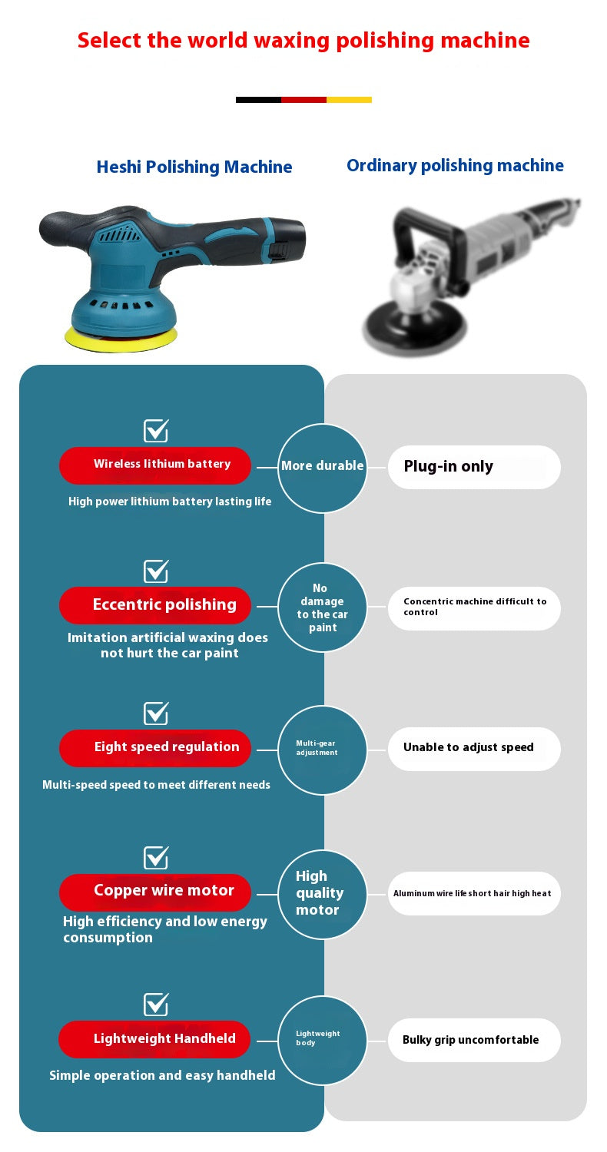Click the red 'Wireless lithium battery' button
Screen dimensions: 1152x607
pos(155,465)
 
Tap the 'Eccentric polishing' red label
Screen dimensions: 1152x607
pos(155,605)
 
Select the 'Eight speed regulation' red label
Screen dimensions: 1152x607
pos(155,747)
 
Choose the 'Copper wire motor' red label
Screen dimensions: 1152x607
pos(155,892)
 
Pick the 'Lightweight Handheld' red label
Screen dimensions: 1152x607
pos(155,1039)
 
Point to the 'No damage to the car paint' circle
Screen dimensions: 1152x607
pos(322,607)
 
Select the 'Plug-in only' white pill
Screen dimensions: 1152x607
pos(473,467)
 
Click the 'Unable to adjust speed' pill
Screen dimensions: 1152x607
pos(473,748)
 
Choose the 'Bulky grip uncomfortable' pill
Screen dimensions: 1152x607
pos(473,1041)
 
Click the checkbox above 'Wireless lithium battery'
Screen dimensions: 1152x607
pos(156,431)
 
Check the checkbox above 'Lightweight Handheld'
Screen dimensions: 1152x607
pos(156,1005)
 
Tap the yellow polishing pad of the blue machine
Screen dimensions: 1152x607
pos(121,338)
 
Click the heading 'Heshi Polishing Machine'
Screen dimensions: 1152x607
pos(194,167)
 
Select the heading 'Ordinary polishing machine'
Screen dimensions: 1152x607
pos(455,166)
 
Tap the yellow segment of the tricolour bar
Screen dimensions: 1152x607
pos(349,100)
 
